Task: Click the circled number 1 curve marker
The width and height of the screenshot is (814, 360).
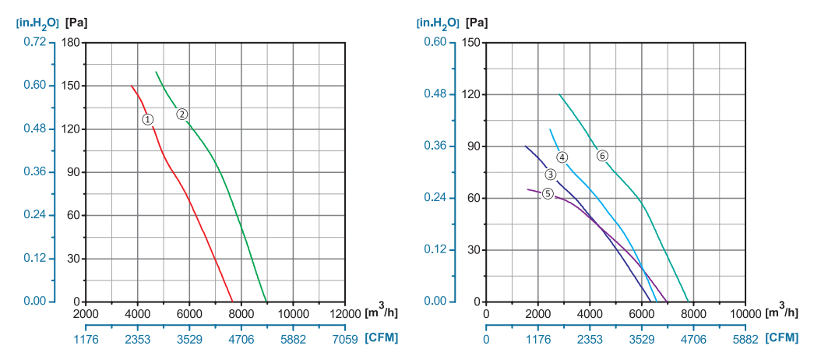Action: pos(148,119)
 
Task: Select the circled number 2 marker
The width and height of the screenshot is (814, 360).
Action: pos(181,114)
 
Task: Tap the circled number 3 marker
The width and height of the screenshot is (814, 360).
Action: pos(550,175)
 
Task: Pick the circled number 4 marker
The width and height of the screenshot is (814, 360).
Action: pos(562,157)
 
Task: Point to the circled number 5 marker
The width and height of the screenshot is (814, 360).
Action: pos(548,193)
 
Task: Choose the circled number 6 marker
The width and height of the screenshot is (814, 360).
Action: pos(602,156)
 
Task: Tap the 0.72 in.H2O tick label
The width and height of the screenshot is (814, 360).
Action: pos(33,42)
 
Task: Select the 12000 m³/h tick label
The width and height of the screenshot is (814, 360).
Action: pos(344,313)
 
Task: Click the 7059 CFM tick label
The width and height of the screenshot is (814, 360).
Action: pos(344,339)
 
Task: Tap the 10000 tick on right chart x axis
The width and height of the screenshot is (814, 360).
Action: pos(744,313)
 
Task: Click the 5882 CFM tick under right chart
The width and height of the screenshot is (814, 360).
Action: pos(745,339)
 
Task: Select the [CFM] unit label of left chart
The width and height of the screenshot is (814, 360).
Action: pos(383,339)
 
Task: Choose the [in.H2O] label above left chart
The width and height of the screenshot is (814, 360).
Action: pos(37,22)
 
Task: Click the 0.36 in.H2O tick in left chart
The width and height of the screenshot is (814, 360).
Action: pos(33,171)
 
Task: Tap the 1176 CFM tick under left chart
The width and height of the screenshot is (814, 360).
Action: pos(86,339)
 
